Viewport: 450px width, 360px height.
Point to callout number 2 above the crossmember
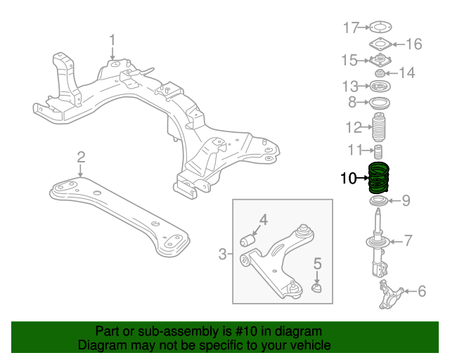[x=81, y=156]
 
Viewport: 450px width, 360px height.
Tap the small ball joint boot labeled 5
[x=316, y=287]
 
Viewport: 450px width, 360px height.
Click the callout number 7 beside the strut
[x=408, y=241]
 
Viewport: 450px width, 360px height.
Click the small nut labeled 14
[x=380, y=72]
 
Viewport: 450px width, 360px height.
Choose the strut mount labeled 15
[x=380, y=60]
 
